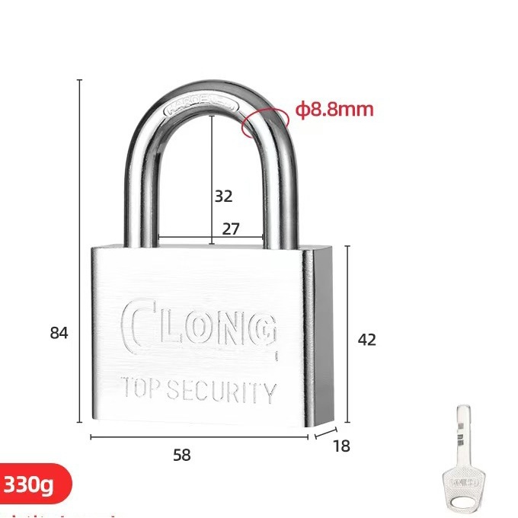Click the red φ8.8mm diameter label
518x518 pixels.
click(335, 110)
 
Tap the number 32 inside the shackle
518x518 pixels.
click(223, 196)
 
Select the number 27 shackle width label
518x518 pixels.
click(230, 229)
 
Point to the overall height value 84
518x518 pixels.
click(59, 333)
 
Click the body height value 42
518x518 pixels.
click(367, 340)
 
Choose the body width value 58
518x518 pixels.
click(181, 456)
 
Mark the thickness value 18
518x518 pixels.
click(342, 446)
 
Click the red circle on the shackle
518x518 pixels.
click(257, 122)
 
